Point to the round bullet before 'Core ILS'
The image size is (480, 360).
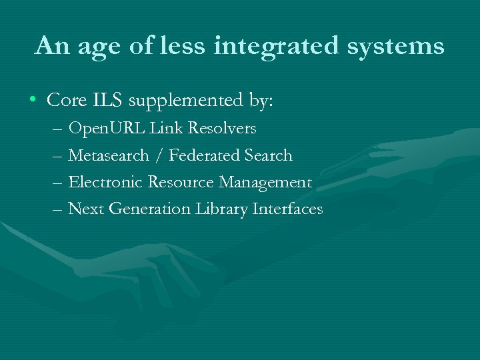pyautogui.click(x=33, y=101)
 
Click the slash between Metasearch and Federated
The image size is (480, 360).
pyautogui.click(x=159, y=155)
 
